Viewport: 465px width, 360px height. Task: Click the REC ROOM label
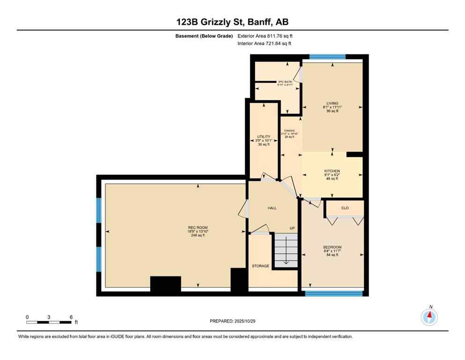198,228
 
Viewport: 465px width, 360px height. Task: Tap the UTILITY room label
263,137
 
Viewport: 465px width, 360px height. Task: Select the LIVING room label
332,104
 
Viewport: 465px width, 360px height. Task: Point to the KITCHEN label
332,171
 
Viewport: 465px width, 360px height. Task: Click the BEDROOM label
332,247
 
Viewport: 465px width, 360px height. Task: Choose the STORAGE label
260,266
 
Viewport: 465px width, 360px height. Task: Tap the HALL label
272,208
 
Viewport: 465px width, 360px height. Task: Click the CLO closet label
345,207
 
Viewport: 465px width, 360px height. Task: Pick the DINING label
289,131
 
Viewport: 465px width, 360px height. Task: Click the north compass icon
429,317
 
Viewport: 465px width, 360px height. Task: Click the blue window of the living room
327,57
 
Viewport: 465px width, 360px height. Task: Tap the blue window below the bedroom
334,294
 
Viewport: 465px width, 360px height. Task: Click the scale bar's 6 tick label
71,317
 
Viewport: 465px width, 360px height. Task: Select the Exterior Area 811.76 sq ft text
265,36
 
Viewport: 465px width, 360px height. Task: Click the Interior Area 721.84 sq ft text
265,44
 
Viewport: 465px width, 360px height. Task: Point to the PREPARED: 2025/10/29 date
232,321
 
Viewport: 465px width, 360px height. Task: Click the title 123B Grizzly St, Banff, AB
232,22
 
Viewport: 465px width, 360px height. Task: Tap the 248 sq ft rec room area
198,235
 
